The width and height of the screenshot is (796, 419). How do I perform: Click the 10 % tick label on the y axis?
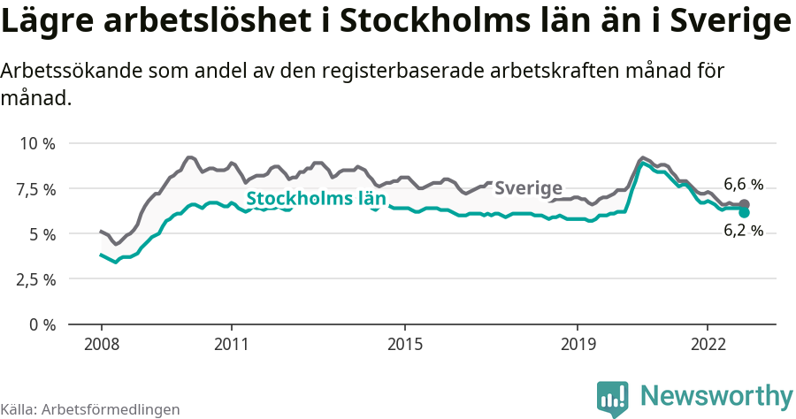click(37, 143)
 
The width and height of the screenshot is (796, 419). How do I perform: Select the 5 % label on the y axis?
click(42, 234)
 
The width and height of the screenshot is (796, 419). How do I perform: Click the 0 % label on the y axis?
click(42, 324)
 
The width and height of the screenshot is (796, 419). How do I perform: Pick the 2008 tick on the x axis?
click(101, 344)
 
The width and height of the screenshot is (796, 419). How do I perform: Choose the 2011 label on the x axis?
click(231, 344)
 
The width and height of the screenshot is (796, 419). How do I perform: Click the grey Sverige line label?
click(528, 187)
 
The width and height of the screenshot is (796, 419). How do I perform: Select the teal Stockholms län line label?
click(316, 199)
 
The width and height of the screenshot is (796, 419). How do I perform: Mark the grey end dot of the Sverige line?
click(745, 204)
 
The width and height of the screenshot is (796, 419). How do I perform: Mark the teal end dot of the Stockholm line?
click(745, 212)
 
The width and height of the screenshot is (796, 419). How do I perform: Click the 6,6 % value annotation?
click(743, 185)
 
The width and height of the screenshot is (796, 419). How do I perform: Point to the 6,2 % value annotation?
click(743, 231)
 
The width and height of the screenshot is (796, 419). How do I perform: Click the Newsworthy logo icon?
click(613, 399)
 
